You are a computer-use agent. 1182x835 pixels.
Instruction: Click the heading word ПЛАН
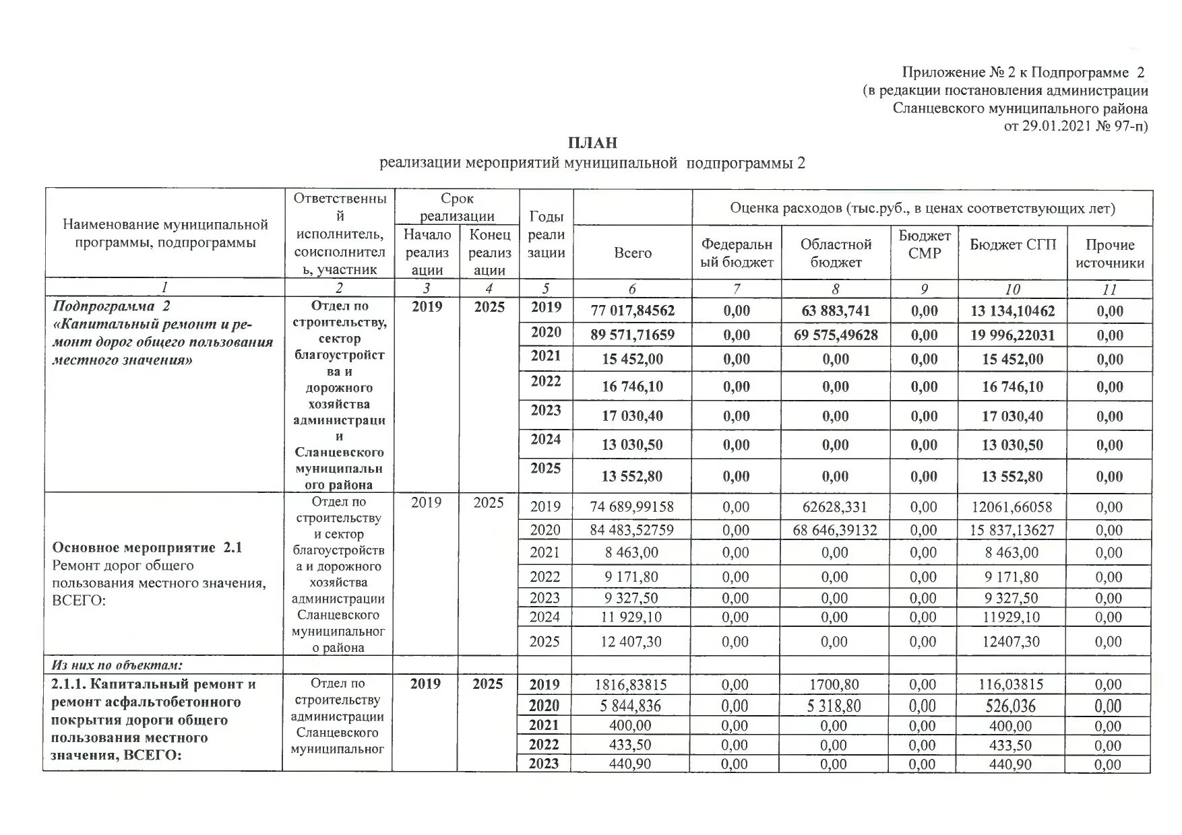592,143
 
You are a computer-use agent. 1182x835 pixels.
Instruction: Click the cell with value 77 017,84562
632,310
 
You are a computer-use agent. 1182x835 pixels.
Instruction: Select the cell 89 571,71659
632,335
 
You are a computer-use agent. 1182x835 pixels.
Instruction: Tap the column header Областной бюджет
836,253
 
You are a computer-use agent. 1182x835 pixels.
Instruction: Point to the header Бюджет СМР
924,244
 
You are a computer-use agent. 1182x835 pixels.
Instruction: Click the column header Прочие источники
1109,254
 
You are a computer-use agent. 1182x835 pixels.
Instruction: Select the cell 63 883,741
836,310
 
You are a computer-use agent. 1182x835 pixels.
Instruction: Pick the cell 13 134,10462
1012,310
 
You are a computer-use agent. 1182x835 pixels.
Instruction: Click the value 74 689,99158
631,506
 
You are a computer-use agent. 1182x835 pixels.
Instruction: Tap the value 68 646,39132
835,530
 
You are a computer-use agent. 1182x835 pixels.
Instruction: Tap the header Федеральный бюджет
737,253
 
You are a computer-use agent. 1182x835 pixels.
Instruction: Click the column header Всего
632,253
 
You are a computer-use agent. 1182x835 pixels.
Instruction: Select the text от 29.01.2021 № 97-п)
1076,126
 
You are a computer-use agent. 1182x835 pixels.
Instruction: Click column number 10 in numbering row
1012,289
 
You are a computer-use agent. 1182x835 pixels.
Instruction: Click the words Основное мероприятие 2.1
147,547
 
